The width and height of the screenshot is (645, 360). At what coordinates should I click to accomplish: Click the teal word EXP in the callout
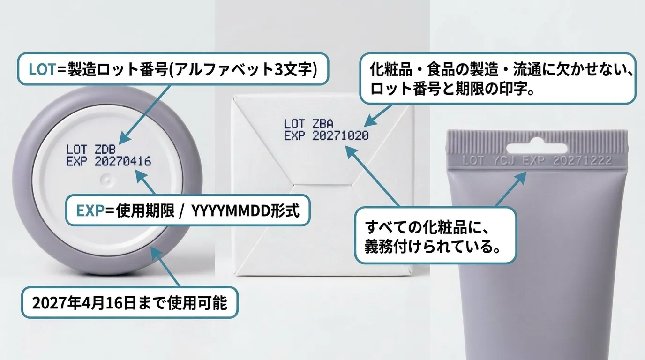coord(89,211)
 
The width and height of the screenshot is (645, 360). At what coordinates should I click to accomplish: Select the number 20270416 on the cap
coord(122,162)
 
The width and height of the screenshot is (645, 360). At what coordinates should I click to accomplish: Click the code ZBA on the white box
coord(323,124)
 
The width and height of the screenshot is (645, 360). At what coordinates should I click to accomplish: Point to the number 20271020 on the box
coord(340,136)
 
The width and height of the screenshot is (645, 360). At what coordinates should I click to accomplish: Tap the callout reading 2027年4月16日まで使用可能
coord(129,303)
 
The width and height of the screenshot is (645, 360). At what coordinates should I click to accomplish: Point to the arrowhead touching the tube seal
coord(522,177)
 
